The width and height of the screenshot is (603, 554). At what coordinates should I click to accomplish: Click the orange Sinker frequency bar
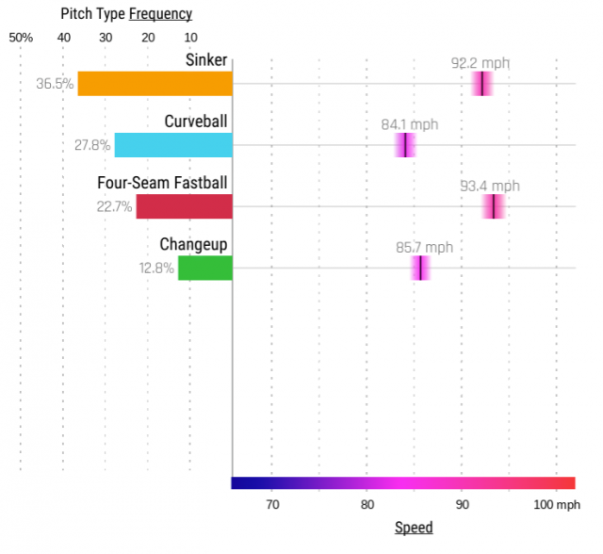155,83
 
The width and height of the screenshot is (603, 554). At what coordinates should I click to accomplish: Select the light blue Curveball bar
173,145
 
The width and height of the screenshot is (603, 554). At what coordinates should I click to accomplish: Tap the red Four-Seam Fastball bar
184,206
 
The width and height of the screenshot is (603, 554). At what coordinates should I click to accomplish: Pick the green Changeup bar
205,268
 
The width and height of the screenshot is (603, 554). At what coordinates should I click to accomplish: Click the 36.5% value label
55,84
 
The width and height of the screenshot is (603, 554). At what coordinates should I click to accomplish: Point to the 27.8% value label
91,146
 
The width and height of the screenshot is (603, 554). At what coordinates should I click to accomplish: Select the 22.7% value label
114,207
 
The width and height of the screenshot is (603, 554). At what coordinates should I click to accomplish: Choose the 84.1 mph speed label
409,124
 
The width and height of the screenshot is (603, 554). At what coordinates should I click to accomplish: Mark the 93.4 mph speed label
489,187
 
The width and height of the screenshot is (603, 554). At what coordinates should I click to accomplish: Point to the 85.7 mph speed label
424,248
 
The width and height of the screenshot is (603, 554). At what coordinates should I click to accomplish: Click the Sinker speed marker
481,84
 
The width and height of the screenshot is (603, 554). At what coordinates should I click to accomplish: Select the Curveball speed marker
405,145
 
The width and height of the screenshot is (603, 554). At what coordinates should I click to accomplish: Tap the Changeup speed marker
420,268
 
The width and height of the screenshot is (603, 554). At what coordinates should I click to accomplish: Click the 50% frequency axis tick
21,37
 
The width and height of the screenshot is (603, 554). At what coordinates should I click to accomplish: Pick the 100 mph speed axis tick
557,506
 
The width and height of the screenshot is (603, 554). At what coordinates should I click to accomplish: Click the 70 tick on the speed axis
271,506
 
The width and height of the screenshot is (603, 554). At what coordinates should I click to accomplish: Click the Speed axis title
414,528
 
